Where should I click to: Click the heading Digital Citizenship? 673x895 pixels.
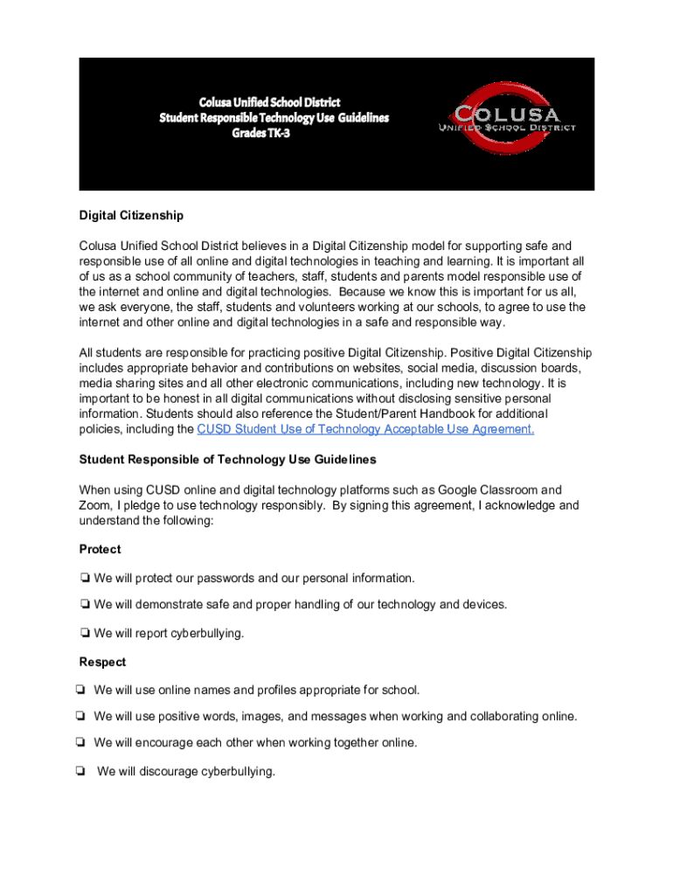click(131, 215)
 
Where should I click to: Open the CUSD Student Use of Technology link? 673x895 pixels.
click(365, 429)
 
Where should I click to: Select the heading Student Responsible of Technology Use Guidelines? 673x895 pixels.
click(227, 459)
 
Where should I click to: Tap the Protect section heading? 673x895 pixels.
click(100, 549)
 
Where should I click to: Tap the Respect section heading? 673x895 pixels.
click(102, 662)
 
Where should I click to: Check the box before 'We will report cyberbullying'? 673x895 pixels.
click(85, 634)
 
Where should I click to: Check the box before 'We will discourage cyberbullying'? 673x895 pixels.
click(80, 772)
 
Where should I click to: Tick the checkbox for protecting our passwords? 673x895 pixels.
click(85, 579)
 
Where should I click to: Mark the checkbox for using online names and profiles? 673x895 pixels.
click(80, 690)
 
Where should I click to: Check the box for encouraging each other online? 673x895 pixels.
click(80, 743)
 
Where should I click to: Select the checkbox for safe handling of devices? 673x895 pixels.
click(85, 605)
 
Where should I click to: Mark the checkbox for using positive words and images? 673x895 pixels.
click(80, 717)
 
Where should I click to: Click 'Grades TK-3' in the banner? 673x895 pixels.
click(273, 133)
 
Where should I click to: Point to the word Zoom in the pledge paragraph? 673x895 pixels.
click(94, 505)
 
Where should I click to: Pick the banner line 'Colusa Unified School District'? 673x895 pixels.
click(274, 102)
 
